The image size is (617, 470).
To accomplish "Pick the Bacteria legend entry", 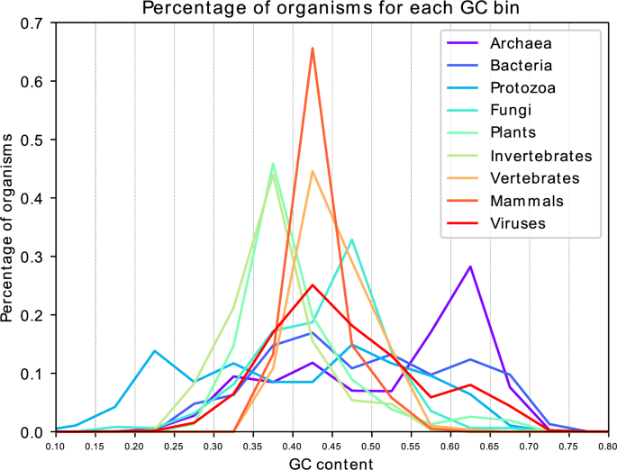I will pos(522,65).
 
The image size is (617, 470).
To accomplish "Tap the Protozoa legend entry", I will pos(522,87).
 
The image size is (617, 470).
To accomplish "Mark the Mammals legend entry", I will pos(526,201).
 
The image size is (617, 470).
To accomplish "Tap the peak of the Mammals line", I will pos(312,48).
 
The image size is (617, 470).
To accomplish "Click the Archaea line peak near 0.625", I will pos(470,267).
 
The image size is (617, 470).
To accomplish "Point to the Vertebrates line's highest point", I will pos(312,171).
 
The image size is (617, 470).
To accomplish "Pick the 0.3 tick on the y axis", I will pos(34,257).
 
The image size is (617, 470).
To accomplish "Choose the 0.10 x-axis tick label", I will pos(56,446).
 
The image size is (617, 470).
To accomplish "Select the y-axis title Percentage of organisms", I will pos(9,228).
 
